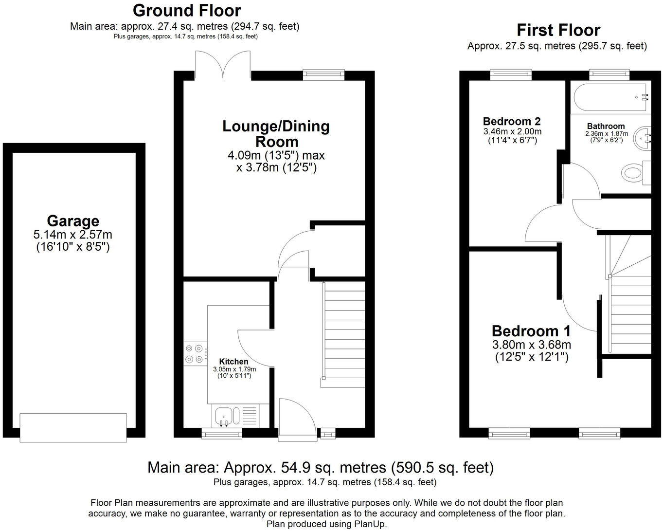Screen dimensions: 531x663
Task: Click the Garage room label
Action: (x=73, y=221)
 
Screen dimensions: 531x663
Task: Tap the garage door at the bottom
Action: (x=73, y=427)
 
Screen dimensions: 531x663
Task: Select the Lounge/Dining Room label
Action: (x=276, y=134)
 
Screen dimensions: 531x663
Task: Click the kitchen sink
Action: (x=225, y=417)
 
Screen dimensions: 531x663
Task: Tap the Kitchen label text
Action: (x=233, y=362)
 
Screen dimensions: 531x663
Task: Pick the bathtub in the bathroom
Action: (x=611, y=97)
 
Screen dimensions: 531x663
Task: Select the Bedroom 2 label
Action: (x=512, y=121)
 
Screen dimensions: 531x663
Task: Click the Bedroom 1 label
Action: (x=531, y=331)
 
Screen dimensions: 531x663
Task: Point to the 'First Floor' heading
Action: (x=558, y=30)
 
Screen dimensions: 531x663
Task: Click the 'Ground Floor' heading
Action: (x=186, y=10)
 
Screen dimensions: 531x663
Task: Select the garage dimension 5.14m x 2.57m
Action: (x=73, y=235)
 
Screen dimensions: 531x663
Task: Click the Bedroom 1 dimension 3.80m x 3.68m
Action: (x=531, y=345)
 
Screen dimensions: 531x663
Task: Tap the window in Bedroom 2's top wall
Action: (x=512, y=74)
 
